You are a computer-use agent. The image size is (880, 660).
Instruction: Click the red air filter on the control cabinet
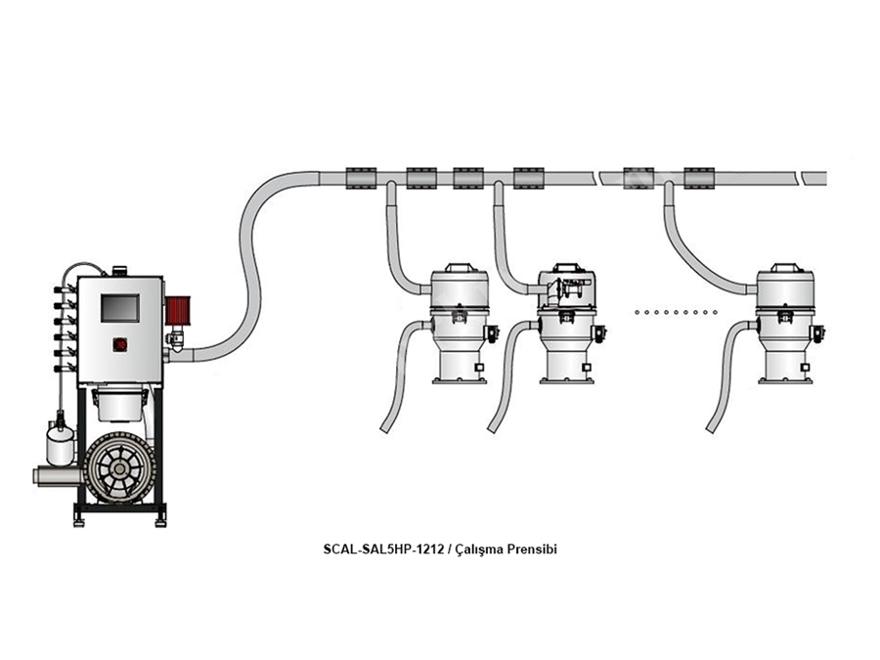[177, 310]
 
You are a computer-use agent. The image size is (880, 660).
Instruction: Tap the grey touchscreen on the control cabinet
[120, 308]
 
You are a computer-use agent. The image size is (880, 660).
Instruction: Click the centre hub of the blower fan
[119, 468]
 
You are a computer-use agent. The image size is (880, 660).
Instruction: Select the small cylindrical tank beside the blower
[60, 445]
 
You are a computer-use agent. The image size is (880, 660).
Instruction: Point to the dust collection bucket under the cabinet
[119, 403]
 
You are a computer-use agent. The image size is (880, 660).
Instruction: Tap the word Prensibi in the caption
[532, 549]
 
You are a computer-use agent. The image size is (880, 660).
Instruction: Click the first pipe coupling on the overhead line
[360, 178]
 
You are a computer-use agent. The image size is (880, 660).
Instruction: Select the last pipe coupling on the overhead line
[699, 178]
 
